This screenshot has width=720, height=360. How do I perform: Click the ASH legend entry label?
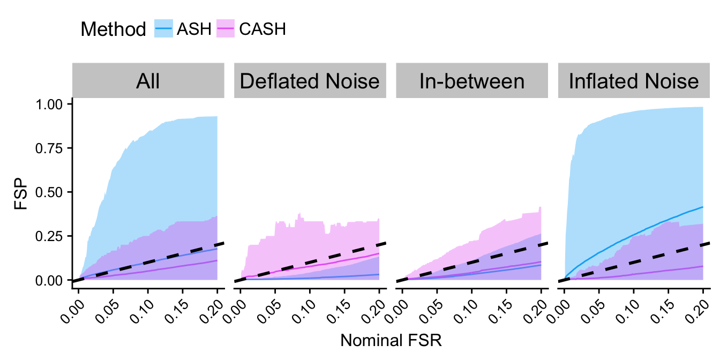[197, 29]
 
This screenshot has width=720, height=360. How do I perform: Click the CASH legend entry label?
[262, 29]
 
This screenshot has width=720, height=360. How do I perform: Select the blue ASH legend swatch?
[164, 29]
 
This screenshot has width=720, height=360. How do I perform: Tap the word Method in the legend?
[113, 29]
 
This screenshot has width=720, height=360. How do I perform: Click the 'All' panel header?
[148, 81]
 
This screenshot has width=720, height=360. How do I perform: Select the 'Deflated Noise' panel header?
[310, 81]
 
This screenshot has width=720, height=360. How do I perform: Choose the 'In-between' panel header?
[472, 81]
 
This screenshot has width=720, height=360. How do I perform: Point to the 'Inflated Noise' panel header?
[634, 81]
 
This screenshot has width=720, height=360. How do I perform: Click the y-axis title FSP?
[21, 192]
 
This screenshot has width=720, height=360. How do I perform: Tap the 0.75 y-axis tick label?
[52, 148]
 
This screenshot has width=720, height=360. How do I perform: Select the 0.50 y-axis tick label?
[52, 192]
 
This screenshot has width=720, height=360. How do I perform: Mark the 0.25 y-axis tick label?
[52, 236]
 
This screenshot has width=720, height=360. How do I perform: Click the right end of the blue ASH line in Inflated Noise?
[702, 207]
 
